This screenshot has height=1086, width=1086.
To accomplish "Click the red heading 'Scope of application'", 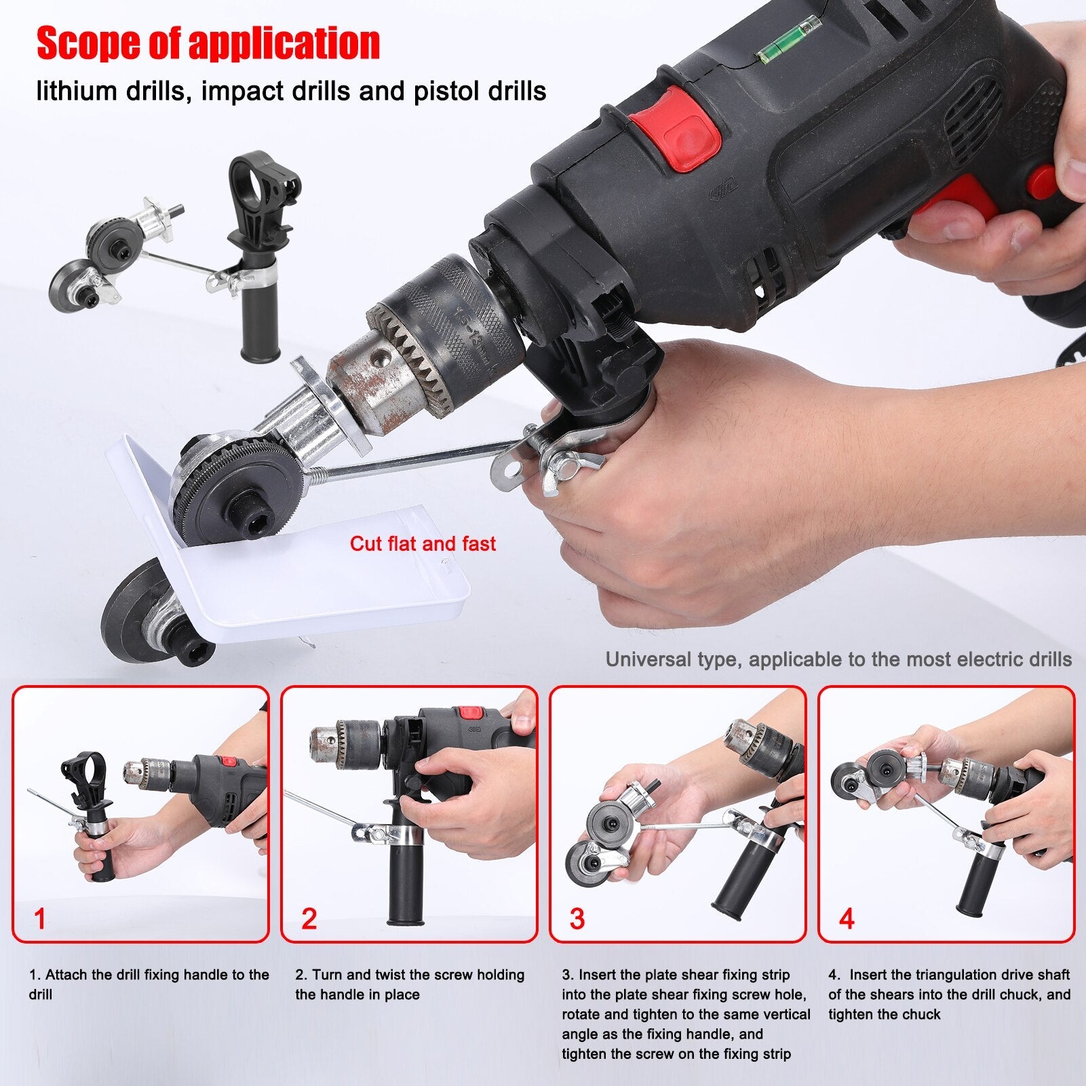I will tap(208, 43).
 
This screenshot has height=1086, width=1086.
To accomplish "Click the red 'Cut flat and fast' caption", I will tap(423, 544).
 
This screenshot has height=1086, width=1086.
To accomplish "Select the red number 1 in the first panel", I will tap(40, 919).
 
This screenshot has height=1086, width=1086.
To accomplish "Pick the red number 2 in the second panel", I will tap(309, 919).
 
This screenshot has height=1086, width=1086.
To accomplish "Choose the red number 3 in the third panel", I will tap(577, 919).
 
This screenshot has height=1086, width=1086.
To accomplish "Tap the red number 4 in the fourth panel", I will tap(846, 919).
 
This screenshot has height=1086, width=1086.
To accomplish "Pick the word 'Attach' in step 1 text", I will tap(67, 975).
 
